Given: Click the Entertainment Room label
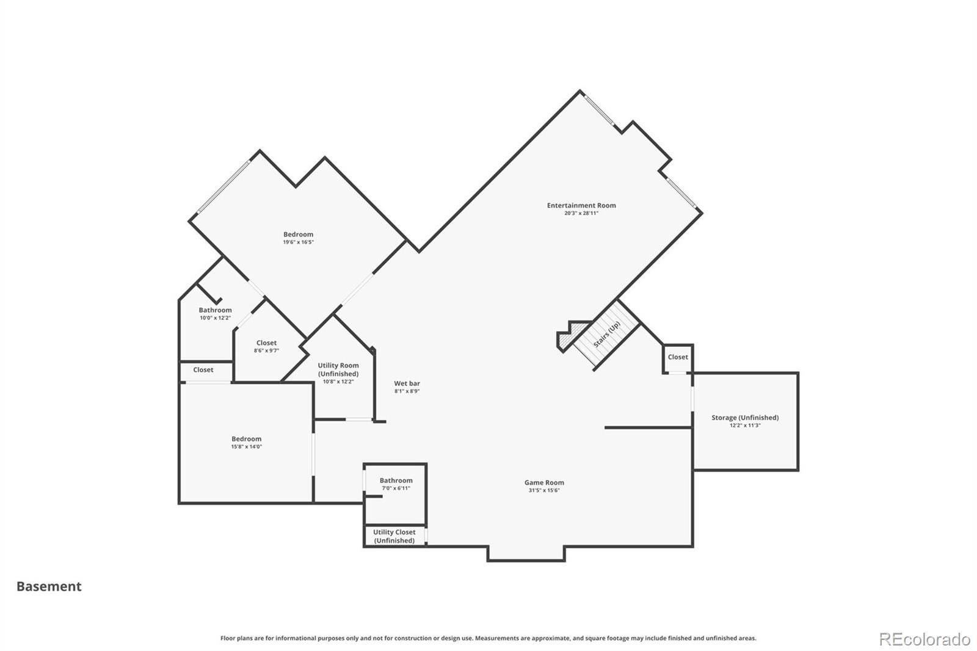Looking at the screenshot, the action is (x=581, y=205).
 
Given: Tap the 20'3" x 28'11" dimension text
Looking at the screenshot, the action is (x=581, y=213).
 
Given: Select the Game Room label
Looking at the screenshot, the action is (x=544, y=482).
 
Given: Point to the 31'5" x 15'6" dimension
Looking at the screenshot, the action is (x=544, y=490).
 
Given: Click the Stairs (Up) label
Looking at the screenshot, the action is (x=607, y=335).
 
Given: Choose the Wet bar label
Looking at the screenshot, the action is (x=407, y=384).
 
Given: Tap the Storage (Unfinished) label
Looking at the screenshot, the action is (x=745, y=418).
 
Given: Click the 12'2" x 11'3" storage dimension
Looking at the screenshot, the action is (x=745, y=426).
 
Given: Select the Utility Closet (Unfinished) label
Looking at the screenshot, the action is (x=394, y=536).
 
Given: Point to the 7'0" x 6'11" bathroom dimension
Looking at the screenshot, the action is (x=396, y=489).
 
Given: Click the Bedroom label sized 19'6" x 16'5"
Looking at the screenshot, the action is (x=299, y=235).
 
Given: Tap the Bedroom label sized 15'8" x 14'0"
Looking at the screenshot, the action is (x=247, y=439).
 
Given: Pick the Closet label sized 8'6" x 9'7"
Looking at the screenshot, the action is (x=266, y=343).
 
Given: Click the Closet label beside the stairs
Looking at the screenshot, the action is (x=678, y=357).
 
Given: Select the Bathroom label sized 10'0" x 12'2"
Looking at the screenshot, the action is (x=216, y=310).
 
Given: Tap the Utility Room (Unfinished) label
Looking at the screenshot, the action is (x=338, y=369).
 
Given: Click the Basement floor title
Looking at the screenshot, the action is (x=49, y=586).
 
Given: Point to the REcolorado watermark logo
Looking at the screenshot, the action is (x=924, y=639).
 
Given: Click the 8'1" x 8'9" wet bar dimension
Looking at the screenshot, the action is (x=407, y=391).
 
